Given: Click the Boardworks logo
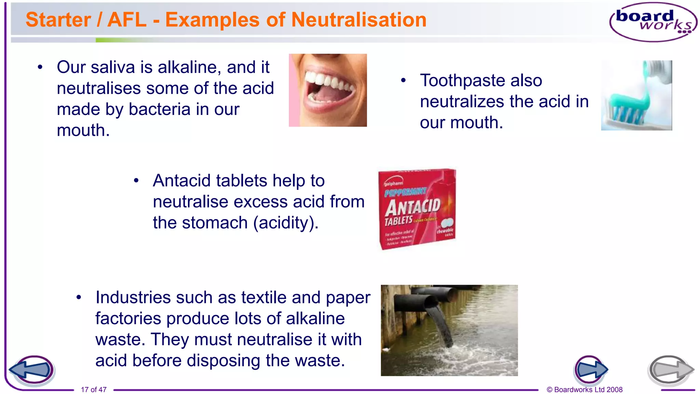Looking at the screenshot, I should [653, 22].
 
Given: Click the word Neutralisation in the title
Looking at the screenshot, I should [359, 19].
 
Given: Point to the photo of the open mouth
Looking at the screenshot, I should [328, 90].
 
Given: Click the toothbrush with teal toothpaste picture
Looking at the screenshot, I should [636, 95].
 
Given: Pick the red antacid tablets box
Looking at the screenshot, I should [417, 209].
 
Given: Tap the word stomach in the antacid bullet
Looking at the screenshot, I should [215, 223].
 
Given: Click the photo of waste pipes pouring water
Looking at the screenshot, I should [449, 330].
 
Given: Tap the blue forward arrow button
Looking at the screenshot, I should [590, 370].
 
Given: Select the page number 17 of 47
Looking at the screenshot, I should [94, 390].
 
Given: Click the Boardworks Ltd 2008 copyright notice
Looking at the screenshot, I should [584, 390].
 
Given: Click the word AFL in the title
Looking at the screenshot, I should [127, 19].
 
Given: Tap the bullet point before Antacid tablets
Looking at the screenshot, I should [136, 181].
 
